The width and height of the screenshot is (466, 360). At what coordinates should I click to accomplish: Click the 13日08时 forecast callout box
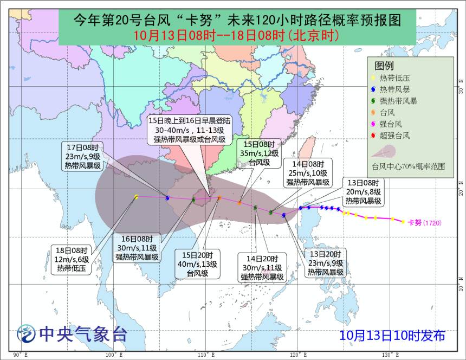(x=364, y=192)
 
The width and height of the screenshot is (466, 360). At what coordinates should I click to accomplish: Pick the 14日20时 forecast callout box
(x=263, y=268)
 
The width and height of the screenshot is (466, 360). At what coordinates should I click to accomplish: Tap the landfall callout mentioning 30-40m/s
(x=189, y=131)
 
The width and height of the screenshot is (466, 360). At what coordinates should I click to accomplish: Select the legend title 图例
(x=384, y=66)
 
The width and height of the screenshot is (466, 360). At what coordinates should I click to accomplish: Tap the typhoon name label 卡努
(x=415, y=222)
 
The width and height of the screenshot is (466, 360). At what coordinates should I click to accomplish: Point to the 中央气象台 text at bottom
(x=81, y=334)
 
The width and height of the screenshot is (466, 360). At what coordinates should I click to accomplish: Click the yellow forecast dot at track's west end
(x=137, y=197)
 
